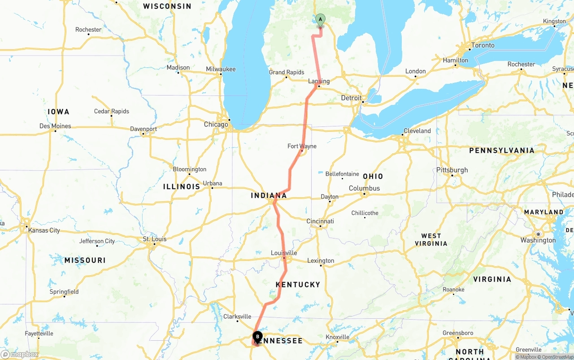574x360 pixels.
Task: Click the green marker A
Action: click(x=320, y=19)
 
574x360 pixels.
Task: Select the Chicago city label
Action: click(x=216, y=124)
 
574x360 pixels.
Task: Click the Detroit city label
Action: click(x=351, y=98)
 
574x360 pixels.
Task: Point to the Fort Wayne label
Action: click(x=302, y=146)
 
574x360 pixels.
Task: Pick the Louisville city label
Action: click(x=284, y=253)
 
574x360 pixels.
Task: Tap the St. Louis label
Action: click(x=155, y=239)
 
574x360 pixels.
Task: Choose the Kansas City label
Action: click(x=44, y=230)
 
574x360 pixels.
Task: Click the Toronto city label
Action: click(x=483, y=45)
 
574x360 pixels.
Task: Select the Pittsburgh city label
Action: click(x=452, y=170)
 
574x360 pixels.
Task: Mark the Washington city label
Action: click(x=538, y=240)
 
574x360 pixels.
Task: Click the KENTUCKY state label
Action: click(x=298, y=285)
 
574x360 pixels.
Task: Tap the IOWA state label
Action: click(x=59, y=112)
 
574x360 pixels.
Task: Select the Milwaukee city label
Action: click(x=221, y=69)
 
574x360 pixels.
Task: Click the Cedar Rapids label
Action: click(x=111, y=111)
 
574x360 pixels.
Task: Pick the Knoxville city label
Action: click(x=337, y=337)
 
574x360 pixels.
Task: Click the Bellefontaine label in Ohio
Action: click(x=342, y=174)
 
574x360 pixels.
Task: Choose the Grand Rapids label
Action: click(x=287, y=72)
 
